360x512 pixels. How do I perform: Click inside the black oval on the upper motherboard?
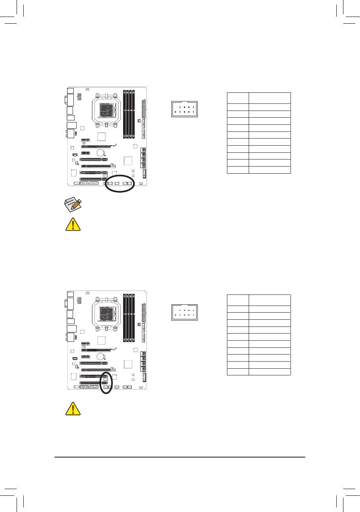(x=120, y=184)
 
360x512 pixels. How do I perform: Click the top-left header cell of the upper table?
(x=238, y=98)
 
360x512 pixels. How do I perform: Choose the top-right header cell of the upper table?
(x=270, y=98)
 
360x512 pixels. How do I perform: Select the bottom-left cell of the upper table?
(x=238, y=170)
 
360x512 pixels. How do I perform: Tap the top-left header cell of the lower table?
(x=238, y=300)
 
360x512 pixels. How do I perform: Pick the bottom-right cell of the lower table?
(x=270, y=371)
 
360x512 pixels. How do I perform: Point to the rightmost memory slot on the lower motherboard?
(x=135, y=318)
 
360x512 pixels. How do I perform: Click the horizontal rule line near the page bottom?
(x=180, y=458)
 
